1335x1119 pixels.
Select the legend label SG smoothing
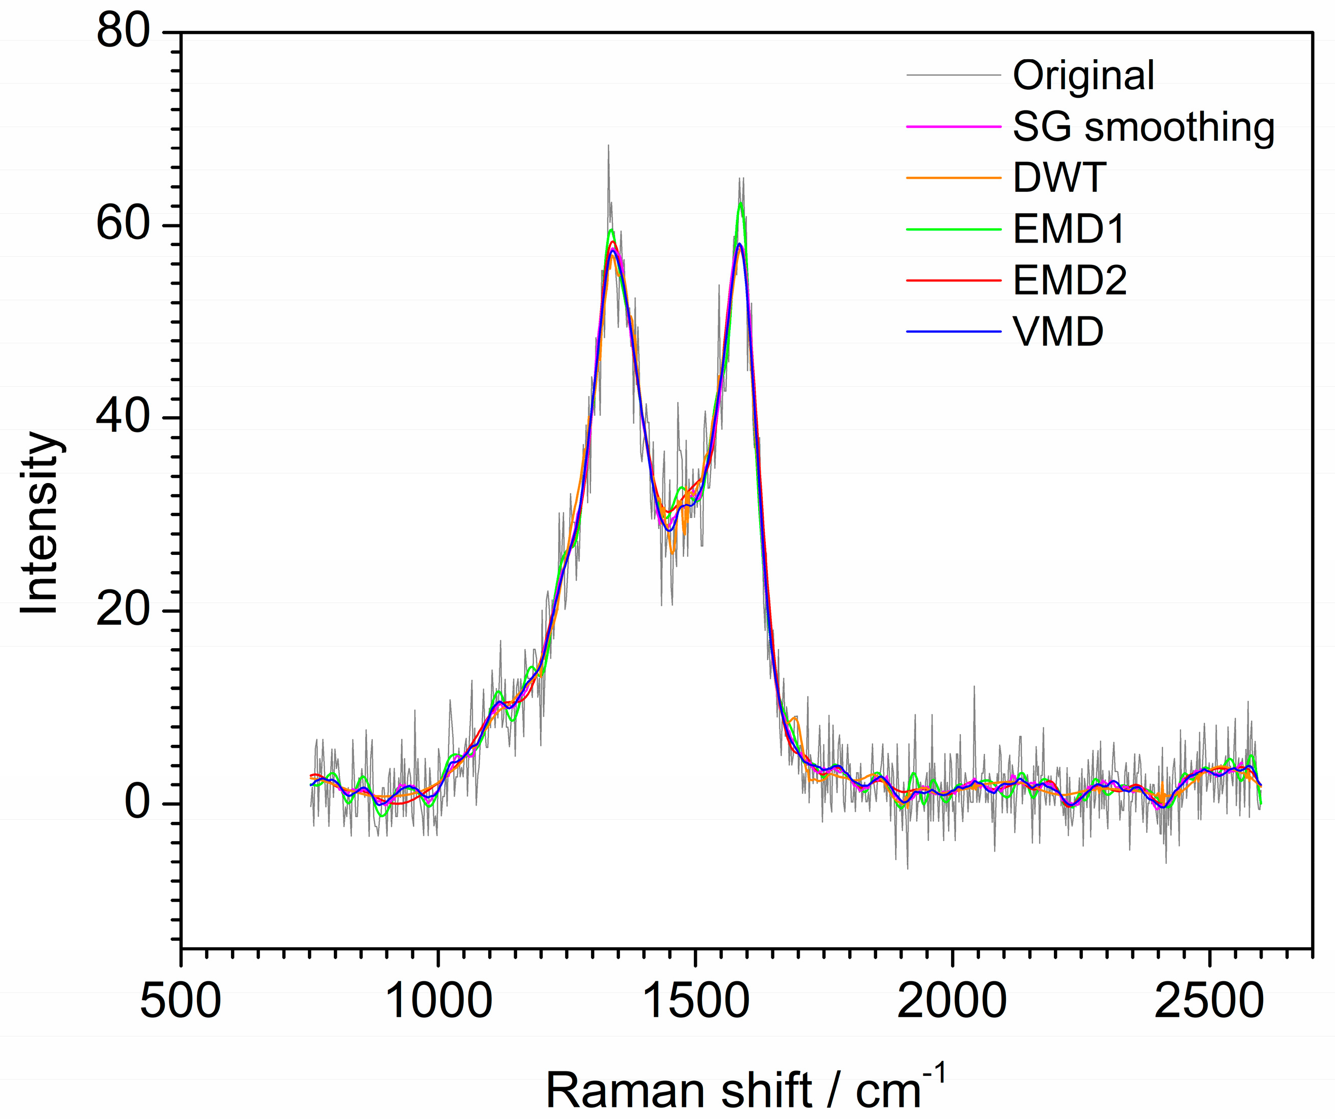pyautogui.click(x=1143, y=127)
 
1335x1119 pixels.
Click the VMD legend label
pyautogui.click(x=1058, y=332)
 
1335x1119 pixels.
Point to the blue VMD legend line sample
pyautogui.click(x=954, y=332)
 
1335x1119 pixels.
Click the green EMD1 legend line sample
pyautogui.click(x=954, y=229)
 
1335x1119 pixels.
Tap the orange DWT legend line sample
pyautogui.click(x=954, y=177)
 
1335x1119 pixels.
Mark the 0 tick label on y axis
pyautogui.click(x=137, y=803)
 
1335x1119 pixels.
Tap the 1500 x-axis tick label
pyautogui.click(x=696, y=1002)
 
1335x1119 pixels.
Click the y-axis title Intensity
pyautogui.click(x=40, y=523)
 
